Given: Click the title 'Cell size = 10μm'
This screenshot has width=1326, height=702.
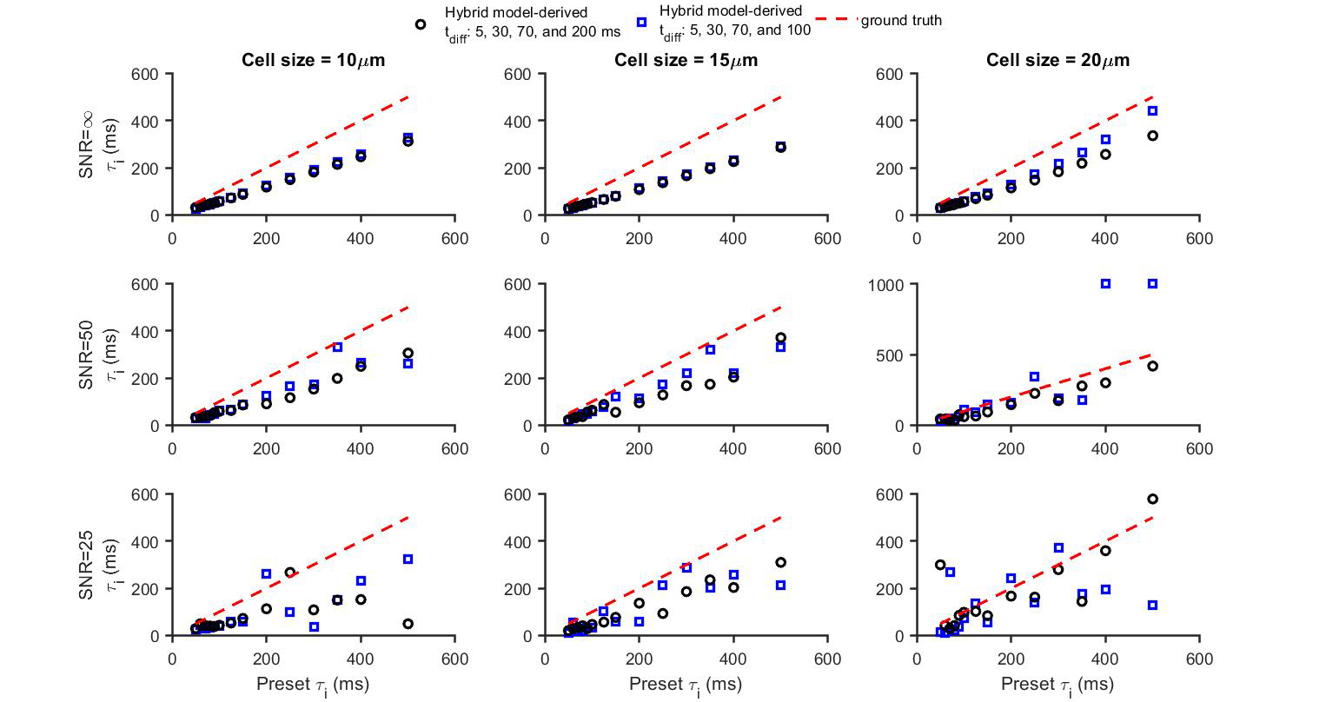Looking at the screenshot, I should coord(313,60).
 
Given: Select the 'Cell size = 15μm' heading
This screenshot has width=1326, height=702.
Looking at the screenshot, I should coord(686,60).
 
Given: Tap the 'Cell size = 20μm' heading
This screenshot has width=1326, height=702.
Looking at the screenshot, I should coord(1057,60).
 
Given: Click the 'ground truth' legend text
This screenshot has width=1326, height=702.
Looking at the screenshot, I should coord(900,21).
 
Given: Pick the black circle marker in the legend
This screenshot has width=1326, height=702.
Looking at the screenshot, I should coord(421,24).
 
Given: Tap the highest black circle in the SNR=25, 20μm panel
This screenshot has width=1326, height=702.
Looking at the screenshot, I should coord(1152,499).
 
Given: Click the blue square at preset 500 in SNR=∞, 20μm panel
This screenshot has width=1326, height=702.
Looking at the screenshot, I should coord(1152,111).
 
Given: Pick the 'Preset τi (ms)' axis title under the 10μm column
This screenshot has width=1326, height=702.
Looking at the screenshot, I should coord(313,684).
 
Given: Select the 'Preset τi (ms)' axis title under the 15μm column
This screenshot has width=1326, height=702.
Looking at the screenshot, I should coord(686,684).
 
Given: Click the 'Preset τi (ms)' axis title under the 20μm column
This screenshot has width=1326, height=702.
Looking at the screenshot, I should coord(1057,684).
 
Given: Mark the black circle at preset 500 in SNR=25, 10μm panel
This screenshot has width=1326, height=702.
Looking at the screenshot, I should coord(408,624).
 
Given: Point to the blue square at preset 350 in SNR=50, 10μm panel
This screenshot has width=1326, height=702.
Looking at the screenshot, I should coord(337,348).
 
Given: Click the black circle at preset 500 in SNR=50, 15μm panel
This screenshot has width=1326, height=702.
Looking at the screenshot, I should coord(780,338).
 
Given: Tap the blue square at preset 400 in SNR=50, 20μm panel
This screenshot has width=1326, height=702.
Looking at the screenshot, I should coord(1105,284).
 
